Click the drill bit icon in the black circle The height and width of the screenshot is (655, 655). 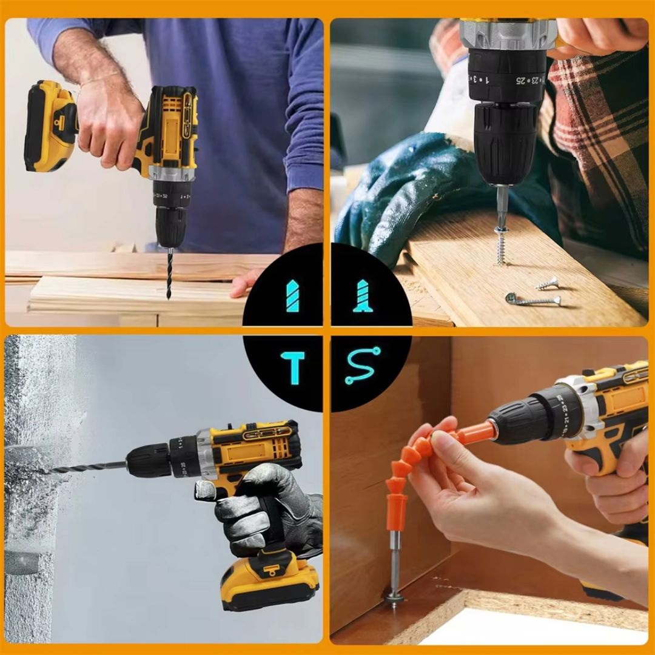[292, 296]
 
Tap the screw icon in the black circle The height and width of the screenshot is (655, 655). [363, 296]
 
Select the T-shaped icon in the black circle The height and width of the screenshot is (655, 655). [293, 368]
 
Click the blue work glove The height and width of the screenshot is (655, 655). [394, 194]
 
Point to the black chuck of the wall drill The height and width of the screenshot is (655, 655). [149, 460]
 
